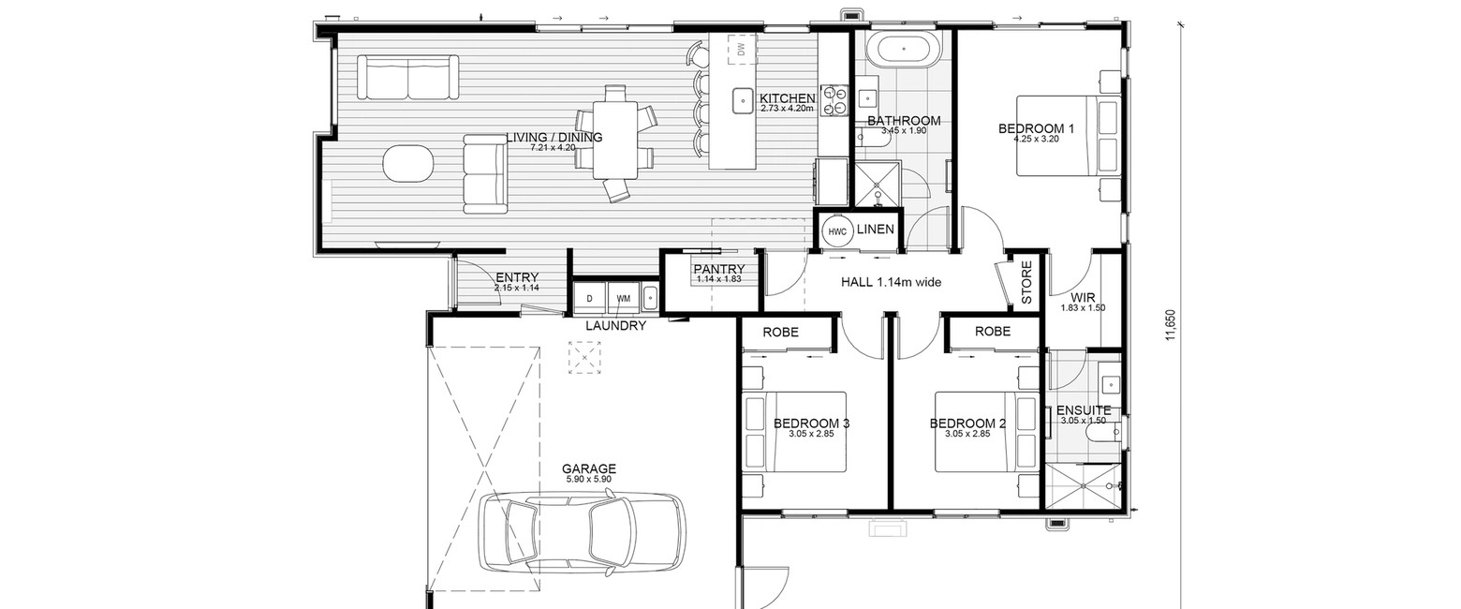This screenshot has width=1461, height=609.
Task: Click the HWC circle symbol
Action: [837, 231]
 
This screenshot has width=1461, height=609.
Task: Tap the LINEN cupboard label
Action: [876, 230]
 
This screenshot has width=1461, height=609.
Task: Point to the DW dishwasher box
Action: [741, 49]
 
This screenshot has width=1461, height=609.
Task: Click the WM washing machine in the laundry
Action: [624, 298]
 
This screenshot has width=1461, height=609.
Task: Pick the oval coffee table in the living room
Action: [407, 163]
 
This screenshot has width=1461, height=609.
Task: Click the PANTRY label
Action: [718, 270]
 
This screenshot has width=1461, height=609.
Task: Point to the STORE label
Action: [1026, 283]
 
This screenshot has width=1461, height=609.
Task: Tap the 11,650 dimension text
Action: [1172, 324]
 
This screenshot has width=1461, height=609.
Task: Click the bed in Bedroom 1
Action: [1069, 135]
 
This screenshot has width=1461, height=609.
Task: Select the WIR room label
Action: [1083, 298]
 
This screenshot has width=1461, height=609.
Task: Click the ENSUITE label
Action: [1084, 410]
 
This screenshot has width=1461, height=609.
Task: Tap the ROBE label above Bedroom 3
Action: [781, 333]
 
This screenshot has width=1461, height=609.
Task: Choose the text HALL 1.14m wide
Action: [891, 283]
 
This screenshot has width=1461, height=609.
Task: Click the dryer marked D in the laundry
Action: [590, 298]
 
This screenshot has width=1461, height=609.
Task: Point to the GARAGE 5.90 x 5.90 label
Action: [589, 473]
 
